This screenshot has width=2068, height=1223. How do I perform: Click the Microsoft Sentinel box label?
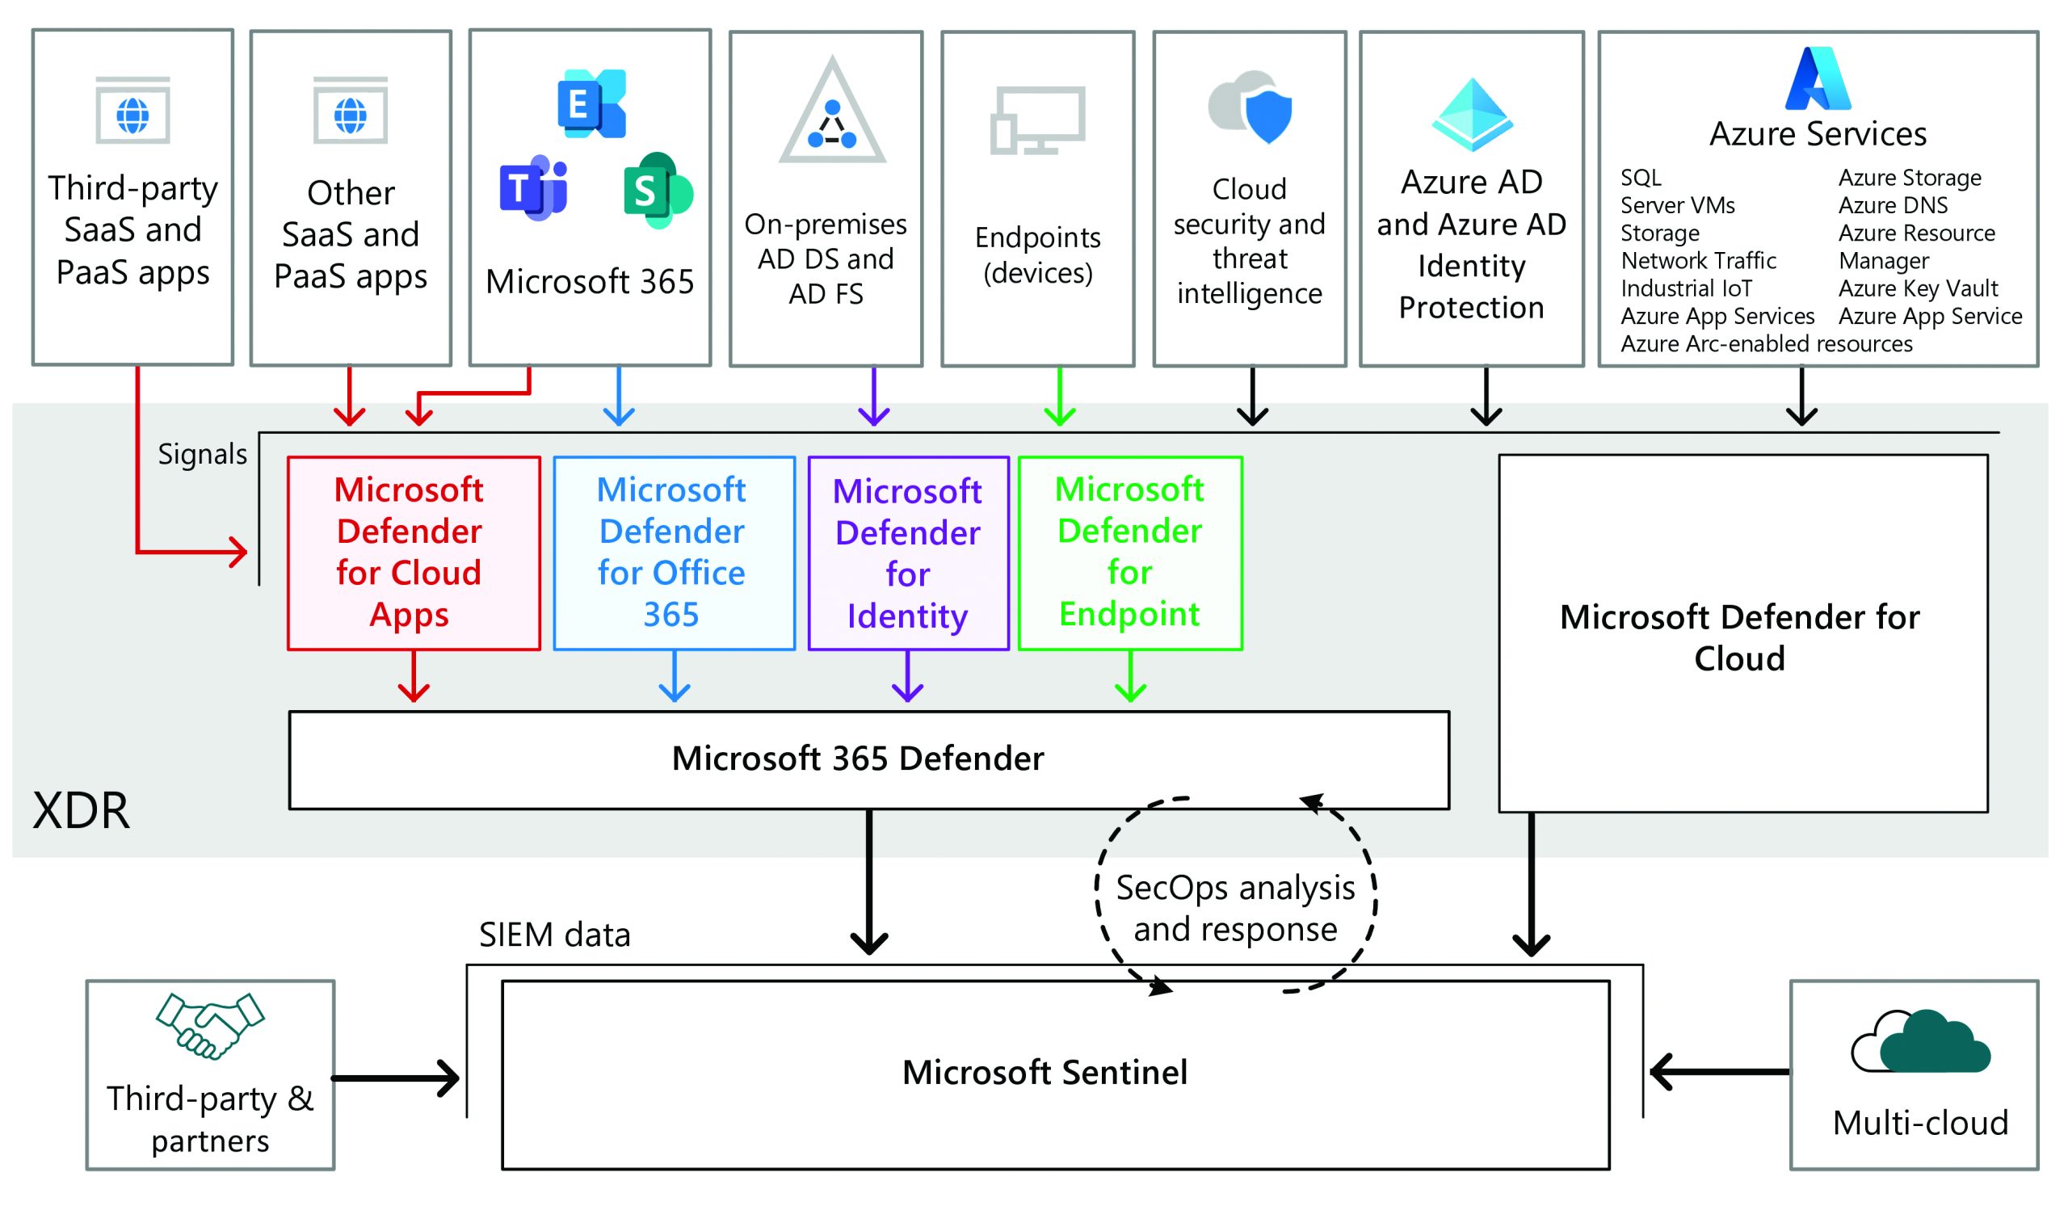click(1044, 1073)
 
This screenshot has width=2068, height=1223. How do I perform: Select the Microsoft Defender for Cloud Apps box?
click(414, 553)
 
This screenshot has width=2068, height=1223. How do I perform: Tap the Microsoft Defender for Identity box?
click(908, 553)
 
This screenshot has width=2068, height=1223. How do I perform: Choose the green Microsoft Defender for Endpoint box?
click(1129, 553)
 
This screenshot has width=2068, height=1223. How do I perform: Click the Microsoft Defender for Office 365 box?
click(673, 553)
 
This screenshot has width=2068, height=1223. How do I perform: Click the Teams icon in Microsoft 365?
click(532, 188)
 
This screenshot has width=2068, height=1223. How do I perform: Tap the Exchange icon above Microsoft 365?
click(591, 104)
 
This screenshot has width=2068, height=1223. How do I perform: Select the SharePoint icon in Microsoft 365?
click(657, 191)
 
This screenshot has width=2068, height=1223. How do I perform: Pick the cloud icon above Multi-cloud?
click(1919, 1043)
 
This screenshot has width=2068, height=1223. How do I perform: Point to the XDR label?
click(81, 811)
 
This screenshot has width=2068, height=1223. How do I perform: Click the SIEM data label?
click(554, 935)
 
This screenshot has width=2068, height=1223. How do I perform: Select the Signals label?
click(202, 454)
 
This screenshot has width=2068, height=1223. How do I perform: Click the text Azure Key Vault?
click(1917, 288)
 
